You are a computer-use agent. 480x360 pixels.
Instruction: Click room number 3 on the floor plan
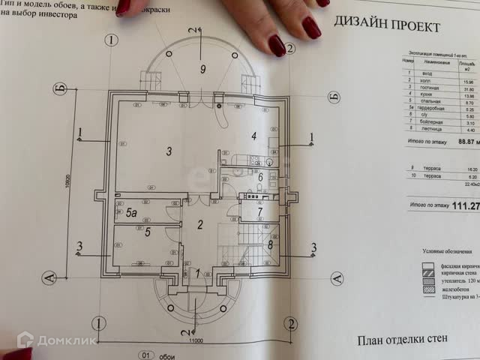click(169, 151)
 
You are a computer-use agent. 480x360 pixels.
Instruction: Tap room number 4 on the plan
click(254, 136)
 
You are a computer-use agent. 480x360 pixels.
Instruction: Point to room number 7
click(259, 211)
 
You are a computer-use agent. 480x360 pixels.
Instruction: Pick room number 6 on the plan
click(259, 177)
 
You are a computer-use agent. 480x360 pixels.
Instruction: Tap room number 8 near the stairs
click(269, 244)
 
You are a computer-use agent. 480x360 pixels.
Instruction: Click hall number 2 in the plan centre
click(199, 223)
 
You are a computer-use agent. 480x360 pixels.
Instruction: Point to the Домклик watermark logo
click(57, 341)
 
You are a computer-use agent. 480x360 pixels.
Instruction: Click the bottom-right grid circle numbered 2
click(289, 323)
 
